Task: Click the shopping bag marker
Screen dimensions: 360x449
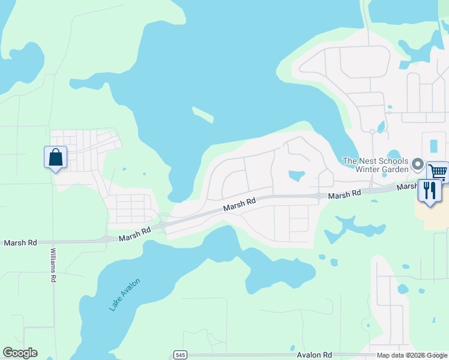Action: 55,158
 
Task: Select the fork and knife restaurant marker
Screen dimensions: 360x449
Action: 430,191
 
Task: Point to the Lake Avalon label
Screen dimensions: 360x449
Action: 125,295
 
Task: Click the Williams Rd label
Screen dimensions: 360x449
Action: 53,265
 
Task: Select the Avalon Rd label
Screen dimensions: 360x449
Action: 315,355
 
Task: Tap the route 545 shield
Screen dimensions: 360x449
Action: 180,355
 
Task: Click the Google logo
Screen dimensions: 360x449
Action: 20,353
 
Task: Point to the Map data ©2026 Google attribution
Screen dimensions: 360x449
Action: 412,355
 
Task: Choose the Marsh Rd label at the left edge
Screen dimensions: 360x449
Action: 20,243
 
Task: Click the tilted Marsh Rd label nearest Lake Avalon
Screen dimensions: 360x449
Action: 134,233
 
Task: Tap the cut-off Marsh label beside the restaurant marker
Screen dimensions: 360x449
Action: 407,187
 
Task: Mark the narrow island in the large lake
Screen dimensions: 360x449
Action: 203,114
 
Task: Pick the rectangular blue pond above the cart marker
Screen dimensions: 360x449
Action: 434,146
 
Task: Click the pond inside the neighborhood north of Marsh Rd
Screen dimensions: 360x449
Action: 296,176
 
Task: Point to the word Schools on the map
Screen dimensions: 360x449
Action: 393,161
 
